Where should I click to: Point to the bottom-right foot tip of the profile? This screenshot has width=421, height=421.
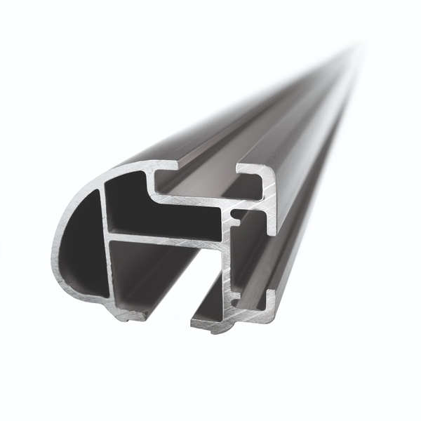(203, 324)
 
